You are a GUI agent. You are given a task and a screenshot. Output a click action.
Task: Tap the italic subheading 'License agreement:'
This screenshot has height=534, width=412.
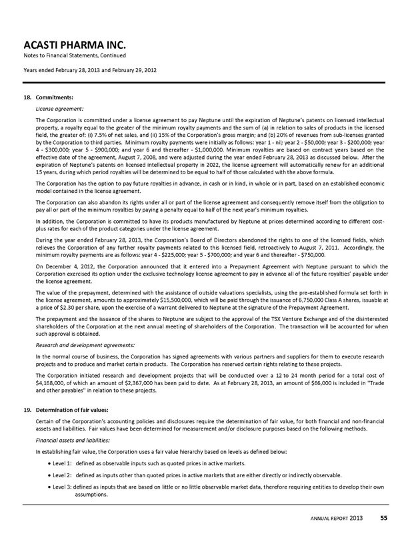click(59, 107)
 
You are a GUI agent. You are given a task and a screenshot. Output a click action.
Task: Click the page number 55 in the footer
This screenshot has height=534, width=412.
click(385, 519)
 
